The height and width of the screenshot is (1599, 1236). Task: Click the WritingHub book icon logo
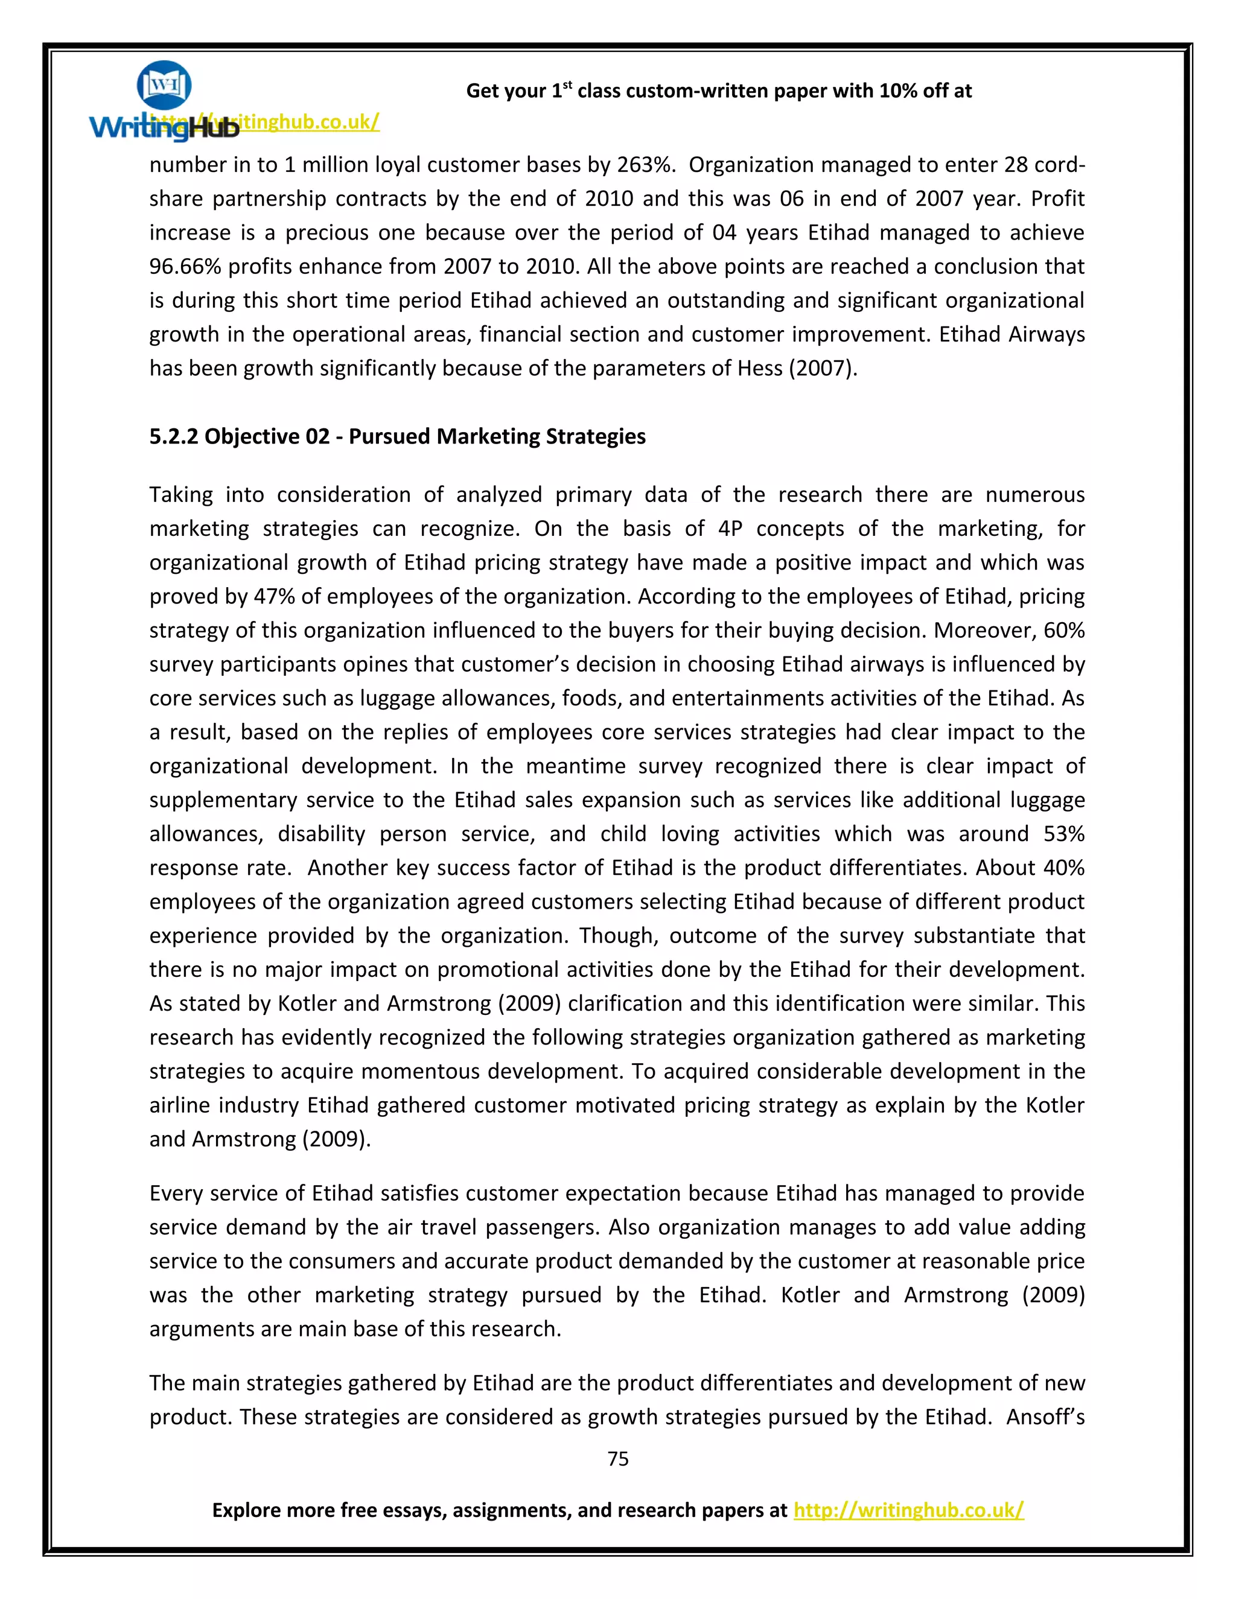[164, 85]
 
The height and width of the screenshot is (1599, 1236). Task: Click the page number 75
[617, 1458]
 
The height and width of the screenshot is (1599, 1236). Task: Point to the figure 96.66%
[185, 267]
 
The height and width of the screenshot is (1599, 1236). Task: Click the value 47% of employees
[274, 597]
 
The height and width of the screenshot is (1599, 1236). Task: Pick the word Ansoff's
[1045, 1417]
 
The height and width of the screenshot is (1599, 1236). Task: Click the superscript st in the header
[567, 85]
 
